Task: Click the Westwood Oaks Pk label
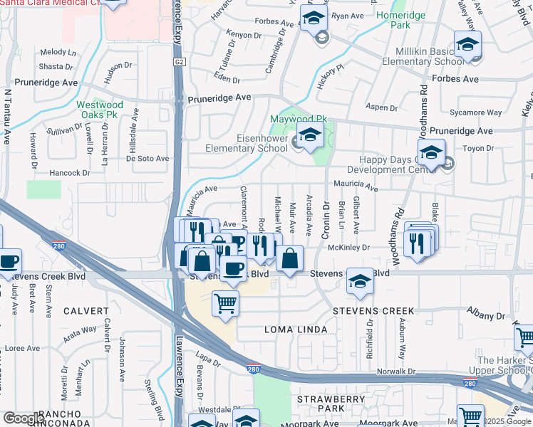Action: [100, 110]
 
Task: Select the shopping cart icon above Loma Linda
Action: [225, 303]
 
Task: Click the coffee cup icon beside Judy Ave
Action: [9, 261]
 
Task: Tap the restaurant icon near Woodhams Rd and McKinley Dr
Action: [415, 243]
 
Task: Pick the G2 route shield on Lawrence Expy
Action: [177, 62]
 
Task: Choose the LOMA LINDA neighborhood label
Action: [296, 330]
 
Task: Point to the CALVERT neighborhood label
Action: [85, 311]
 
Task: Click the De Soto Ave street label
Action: [148, 159]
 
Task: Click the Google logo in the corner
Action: [23, 418]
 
